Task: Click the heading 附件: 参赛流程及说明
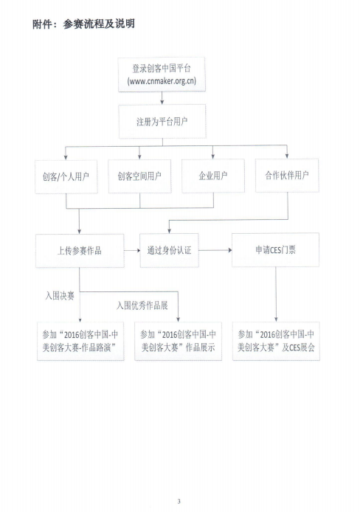83,24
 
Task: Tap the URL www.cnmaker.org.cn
162,80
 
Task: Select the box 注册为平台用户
162,122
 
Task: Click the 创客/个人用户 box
66,176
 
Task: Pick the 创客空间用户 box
139,176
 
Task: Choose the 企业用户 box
213,176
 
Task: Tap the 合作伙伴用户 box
287,176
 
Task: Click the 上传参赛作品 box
80,251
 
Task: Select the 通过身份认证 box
170,250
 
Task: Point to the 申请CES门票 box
275,250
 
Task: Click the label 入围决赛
60,296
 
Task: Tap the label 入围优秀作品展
142,305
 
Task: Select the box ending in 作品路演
80,342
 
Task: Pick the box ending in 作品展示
179,342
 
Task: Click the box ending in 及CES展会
276,341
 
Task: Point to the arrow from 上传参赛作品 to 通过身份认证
132,251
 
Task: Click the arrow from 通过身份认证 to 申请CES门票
215,250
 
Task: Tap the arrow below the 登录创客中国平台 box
162,98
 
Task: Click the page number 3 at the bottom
179,501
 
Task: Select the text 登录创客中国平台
162,69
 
